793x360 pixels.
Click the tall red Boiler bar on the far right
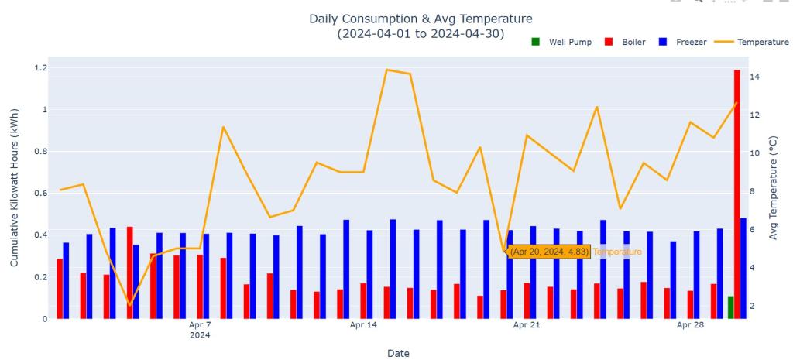coord(736,194)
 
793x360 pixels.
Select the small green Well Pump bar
coord(730,307)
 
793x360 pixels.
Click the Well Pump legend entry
coord(564,42)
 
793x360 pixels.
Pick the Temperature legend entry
coord(755,42)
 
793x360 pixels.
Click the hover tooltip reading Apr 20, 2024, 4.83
coord(549,252)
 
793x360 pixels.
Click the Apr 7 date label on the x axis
coord(199,326)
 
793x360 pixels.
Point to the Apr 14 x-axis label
coord(362,325)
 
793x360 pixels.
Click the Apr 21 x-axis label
coord(527,325)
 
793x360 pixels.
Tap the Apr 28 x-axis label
coord(690,325)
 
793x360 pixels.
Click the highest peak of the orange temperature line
coord(386,70)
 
